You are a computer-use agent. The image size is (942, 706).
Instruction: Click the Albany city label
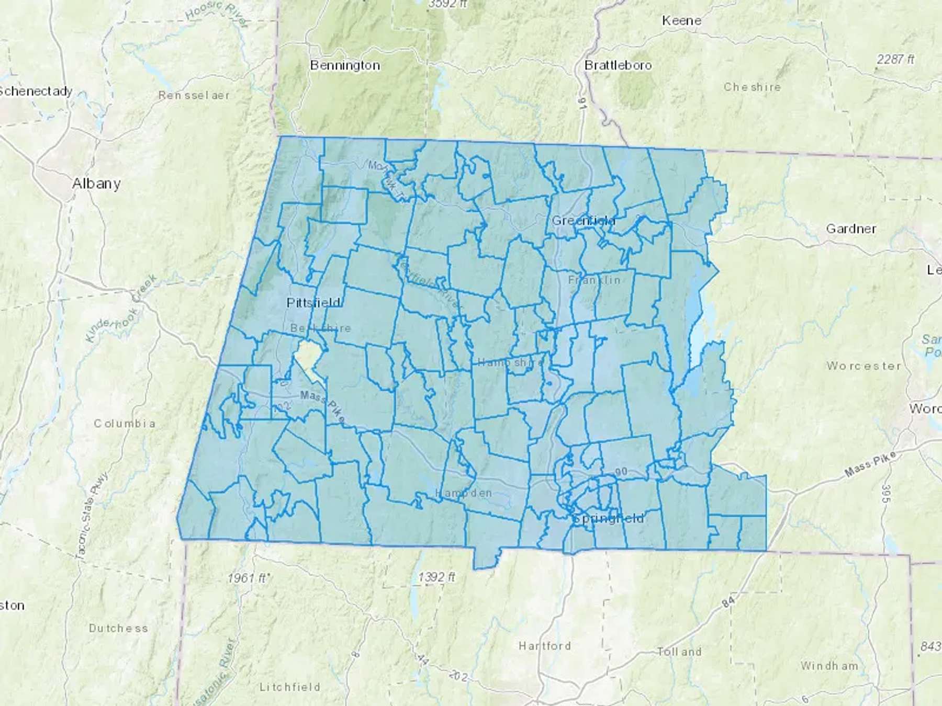[96, 184]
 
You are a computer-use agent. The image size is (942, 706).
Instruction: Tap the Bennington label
[345, 65]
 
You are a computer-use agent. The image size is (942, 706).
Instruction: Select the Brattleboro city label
[618, 65]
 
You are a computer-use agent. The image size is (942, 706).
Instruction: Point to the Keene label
[681, 20]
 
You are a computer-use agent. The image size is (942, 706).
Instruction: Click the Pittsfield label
[313, 303]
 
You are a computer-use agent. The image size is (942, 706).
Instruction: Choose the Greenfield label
[584, 221]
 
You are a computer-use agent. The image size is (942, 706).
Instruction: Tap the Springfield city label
[608, 519]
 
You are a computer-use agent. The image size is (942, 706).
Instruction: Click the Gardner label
[851, 229]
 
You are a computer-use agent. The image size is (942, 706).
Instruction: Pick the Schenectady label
[36, 92]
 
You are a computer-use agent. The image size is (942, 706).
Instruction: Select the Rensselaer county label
[194, 95]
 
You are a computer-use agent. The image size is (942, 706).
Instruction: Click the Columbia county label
[125, 423]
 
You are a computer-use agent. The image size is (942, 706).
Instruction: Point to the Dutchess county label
[118, 628]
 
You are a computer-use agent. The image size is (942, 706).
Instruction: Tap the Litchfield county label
[290, 687]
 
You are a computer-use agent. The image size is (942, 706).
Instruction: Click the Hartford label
[545, 646]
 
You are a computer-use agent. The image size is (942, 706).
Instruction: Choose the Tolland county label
[679, 652]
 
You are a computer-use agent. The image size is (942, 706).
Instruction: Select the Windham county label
[829, 666]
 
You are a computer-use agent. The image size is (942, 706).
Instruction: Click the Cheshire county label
[752, 87]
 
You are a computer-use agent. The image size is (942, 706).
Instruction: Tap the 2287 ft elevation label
[895, 60]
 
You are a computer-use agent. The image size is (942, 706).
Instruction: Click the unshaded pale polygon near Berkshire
[307, 358]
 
